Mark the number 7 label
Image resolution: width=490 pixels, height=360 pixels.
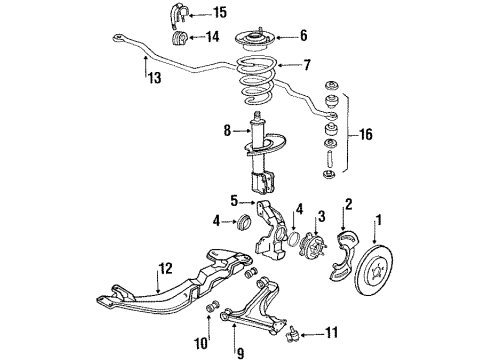tap(307, 66)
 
